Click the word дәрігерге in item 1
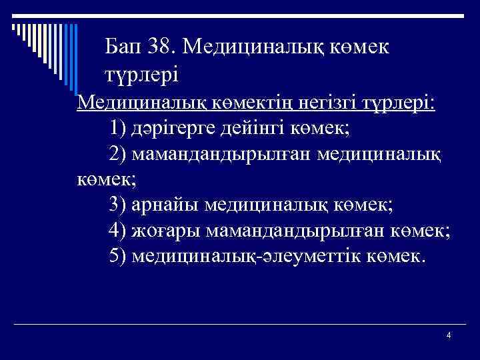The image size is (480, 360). pos(175,127)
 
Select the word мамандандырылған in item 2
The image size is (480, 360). pos(231,154)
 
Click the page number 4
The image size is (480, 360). pos(449,335)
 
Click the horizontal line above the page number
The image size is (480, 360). pos(267,325)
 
